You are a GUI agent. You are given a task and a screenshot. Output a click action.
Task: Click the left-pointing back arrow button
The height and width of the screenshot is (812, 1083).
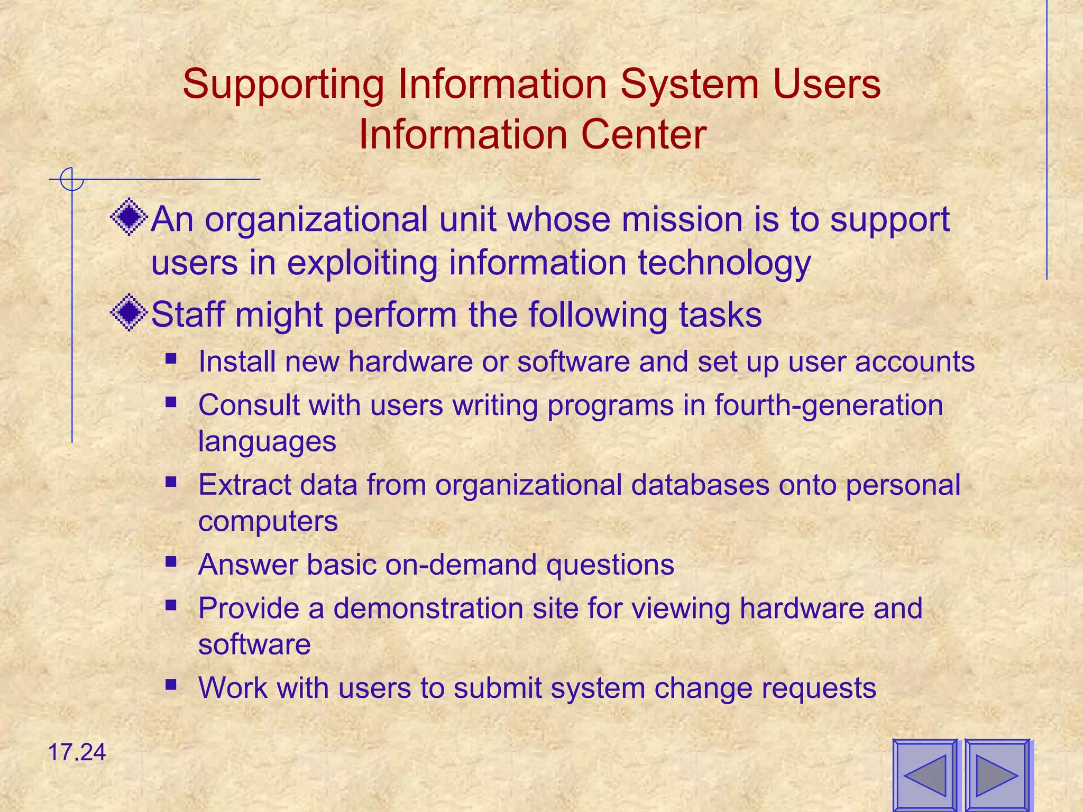click(925, 776)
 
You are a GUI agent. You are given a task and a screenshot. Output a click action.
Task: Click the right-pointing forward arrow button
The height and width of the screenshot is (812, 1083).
click(997, 776)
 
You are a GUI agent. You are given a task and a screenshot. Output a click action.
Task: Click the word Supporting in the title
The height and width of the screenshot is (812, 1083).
click(283, 85)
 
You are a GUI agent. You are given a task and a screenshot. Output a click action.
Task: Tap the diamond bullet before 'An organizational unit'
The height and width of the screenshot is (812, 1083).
click(129, 217)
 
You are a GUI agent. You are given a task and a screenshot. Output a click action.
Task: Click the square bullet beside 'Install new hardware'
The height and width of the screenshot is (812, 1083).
click(170, 359)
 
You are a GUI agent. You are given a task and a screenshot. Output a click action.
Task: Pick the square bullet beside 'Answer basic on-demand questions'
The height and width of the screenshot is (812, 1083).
click(170, 561)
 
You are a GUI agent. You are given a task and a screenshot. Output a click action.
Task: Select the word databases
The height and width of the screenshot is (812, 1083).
click(700, 485)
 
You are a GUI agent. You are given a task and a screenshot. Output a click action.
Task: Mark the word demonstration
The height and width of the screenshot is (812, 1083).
click(429, 608)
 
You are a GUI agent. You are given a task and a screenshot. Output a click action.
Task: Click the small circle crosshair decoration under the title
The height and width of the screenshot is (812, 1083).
click(72, 179)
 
